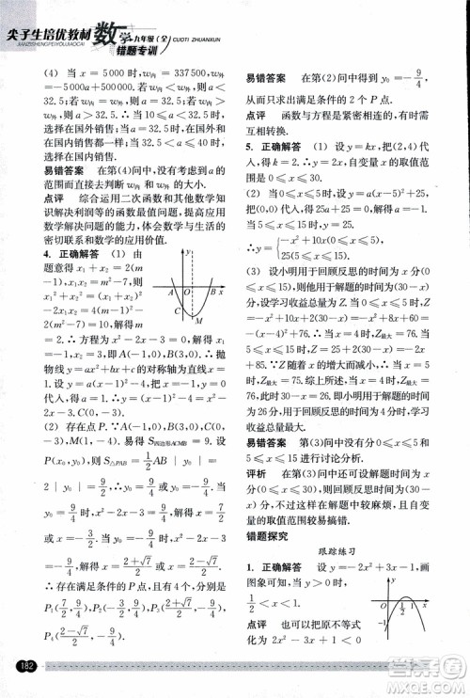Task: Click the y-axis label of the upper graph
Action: pyautogui.click(x=191, y=252)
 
